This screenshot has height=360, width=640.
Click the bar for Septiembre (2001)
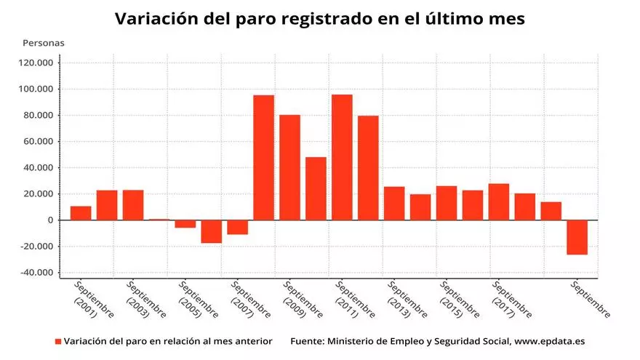(81, 212)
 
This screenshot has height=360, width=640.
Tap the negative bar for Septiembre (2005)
(185, 224)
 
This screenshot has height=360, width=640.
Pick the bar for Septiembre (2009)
(289, 167)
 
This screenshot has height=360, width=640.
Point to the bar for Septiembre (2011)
(342, 157)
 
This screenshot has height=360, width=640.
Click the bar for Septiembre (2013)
(394, 203)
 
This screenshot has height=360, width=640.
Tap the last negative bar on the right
(577, 237)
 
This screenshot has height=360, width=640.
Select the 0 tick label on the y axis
(50, 220)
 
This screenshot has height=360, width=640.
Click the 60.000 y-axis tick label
(38, 142)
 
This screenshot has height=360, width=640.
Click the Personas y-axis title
(44, 43)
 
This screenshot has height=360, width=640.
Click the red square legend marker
(57, 341)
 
